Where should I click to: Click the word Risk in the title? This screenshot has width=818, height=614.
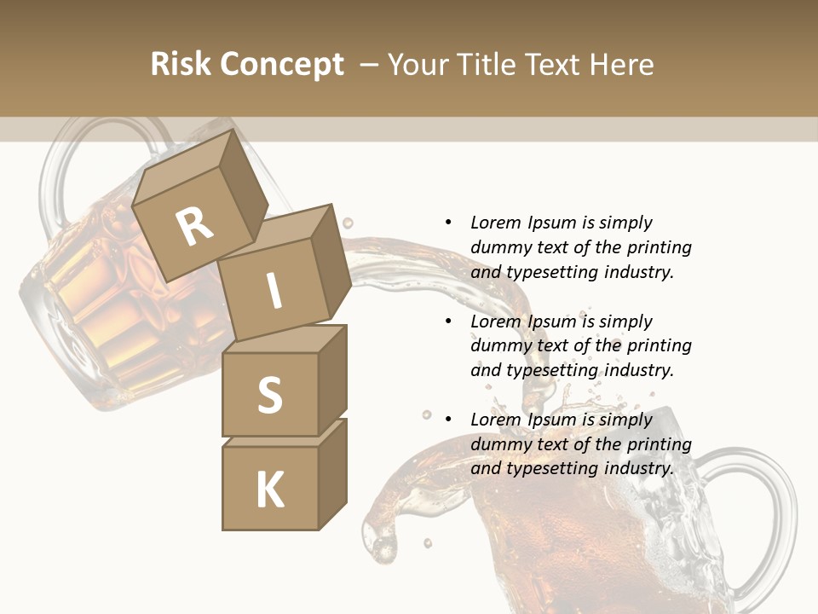[182, 65]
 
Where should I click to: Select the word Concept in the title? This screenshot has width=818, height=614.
[283, 65]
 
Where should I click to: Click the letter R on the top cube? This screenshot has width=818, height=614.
[194, 226]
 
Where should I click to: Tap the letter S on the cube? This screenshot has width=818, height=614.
[269, 395]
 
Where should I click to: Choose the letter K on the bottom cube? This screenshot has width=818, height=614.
[269, 489]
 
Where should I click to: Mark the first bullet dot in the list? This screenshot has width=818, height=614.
[448, 223]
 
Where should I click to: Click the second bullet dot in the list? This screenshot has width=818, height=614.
[448, 321]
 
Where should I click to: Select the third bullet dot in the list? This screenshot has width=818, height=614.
[448, 420]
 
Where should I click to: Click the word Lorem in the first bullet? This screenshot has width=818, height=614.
[496, 223]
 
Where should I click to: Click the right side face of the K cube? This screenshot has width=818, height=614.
[332, 474]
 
